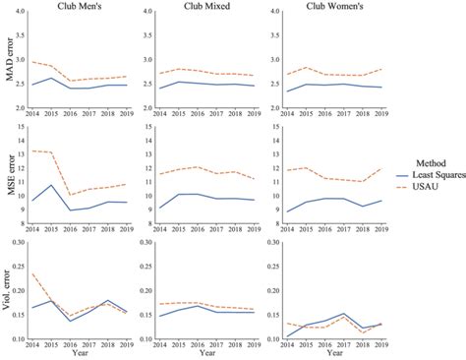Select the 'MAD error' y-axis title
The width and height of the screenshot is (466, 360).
9,63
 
